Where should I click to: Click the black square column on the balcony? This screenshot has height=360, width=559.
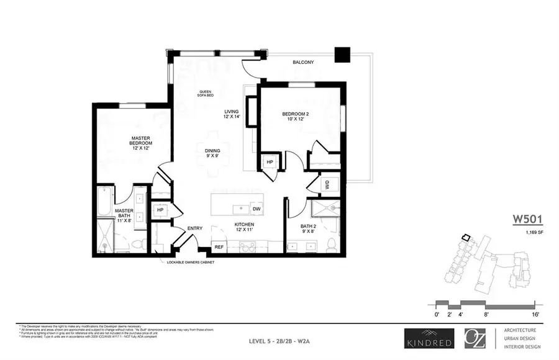pyautogui.click(x=342, y=55)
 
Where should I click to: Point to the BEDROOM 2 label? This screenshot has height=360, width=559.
pyautogui.click(x=299, y=117)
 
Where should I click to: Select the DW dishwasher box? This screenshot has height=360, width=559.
pyautogui.click(x=257, y=209)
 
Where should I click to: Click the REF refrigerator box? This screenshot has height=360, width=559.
pyautogui.click(x=219, y=247)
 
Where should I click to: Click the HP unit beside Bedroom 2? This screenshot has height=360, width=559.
pyautogui.click(x=270, y=162)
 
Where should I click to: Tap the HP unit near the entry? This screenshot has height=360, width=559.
pyautogui.click(x=160, y=210)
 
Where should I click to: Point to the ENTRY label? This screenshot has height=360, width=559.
pyautogui.click(x=195, y=228)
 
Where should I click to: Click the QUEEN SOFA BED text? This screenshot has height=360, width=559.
pyautogui.click(x=204, y=93)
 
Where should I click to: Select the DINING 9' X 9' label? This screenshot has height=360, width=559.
pyautogui.click(x=213, y=152)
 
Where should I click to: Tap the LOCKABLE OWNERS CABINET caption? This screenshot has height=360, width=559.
pyautogui.click(x=195, y=263)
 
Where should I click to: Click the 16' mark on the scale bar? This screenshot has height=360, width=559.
pyautogui.click(x=534, y=315)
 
